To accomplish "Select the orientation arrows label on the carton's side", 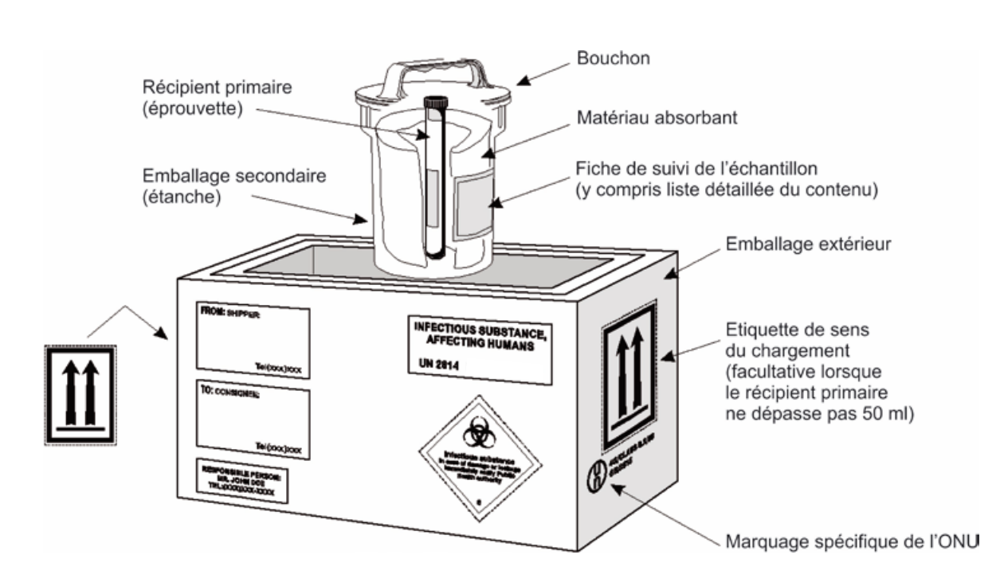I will (x=629, y=375).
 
